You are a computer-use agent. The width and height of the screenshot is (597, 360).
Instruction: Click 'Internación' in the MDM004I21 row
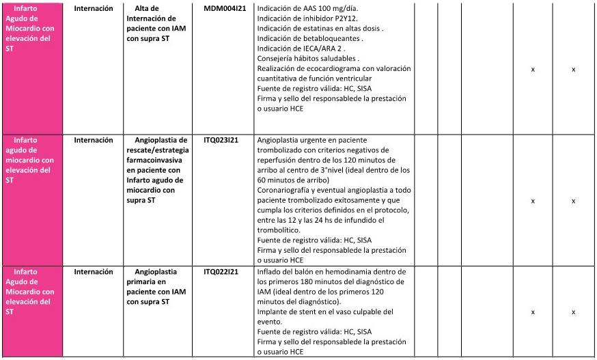click(94, 9)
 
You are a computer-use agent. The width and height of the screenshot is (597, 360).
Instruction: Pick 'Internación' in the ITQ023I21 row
click(94, 140)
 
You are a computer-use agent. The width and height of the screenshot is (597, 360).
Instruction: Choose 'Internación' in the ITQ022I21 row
click(94, 272)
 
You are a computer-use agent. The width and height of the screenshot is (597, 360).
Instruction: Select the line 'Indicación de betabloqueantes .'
click(309, 39)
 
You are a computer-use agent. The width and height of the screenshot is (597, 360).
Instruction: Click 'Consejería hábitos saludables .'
click(308, 59)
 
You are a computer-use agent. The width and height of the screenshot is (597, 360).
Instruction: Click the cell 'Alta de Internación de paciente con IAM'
click(152, 23)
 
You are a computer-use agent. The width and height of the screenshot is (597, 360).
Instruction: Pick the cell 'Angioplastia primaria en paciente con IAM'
click(152, 287)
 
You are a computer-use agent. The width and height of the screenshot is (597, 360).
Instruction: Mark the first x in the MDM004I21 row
click(533, 70)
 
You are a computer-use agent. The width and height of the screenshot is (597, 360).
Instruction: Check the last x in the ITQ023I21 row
click(574, 201)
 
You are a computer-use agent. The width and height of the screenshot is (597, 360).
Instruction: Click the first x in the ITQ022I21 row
click(533, 312)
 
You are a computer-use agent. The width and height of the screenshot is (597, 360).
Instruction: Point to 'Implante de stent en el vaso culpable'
click(324, 312)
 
